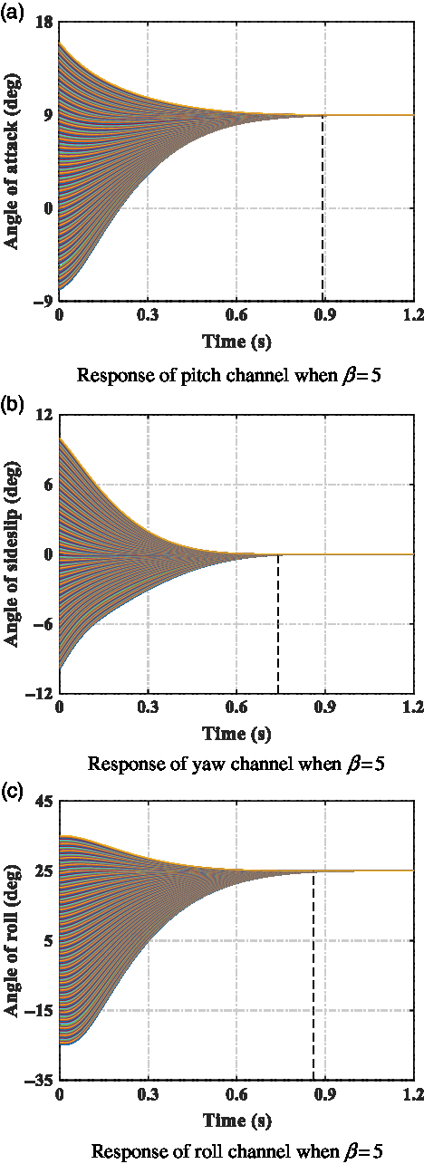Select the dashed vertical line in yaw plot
277,625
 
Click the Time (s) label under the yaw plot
236,731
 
